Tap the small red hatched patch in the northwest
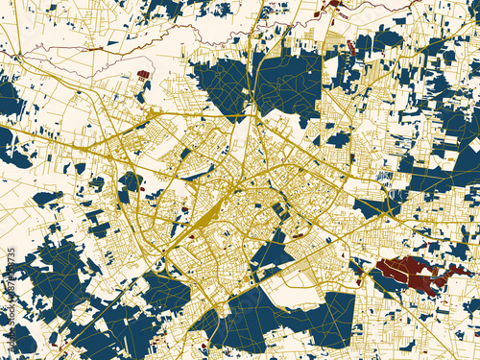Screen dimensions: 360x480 click(143, 73)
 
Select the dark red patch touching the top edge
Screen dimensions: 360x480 click(334, 4)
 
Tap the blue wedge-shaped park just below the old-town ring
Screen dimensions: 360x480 click(272, 254)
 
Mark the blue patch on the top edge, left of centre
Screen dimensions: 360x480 click(163, 8)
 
